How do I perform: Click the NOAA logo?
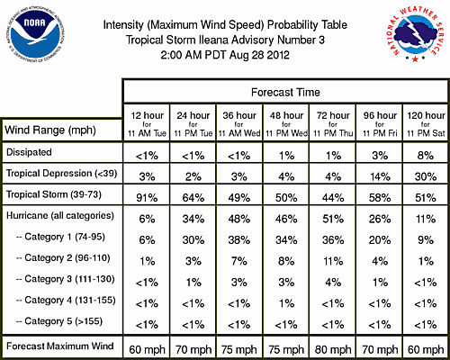(x=35, y=35)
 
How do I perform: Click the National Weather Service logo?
(x=415, y=34)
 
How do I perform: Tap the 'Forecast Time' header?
(x=285, y=92)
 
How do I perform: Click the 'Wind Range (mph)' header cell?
(x=50, y=130)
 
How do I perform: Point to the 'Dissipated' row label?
(x=29, y=152)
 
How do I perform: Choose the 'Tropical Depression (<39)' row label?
(x=61, y=174)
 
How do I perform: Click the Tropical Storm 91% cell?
(x=147, y=198)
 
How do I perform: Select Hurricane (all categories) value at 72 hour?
(x=333, y=219)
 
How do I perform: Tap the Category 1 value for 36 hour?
(x=239, y=240)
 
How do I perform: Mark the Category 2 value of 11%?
(x=333, y=261)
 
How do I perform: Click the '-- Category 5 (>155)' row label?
(x=59, y=321)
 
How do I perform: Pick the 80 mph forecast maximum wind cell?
(x=333, y=349)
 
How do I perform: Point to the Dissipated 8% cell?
(x=426, y=156)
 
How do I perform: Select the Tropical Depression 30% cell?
(x=426, y=176)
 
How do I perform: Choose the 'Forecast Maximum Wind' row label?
(x=60, y=346)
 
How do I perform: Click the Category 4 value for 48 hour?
(x=286, y=303)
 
